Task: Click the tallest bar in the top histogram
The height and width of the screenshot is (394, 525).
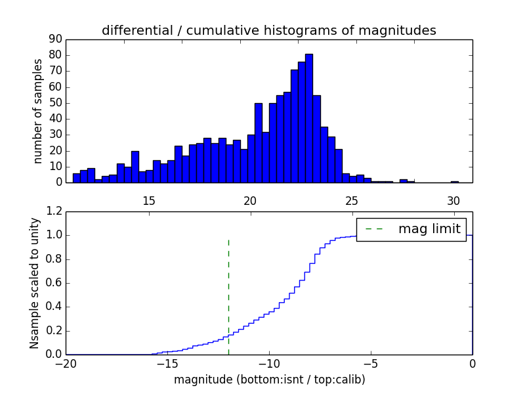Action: (309, 118)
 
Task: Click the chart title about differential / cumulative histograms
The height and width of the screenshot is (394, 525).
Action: (269, 30)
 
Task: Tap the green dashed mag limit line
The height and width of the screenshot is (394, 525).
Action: (228, 295)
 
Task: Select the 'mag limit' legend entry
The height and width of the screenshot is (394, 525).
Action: (411, 229)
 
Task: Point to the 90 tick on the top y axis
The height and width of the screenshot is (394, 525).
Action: (54, 39)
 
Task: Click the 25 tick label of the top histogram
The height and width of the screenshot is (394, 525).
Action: (351, 200)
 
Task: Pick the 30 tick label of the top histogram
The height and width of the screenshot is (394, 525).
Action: (453, 200)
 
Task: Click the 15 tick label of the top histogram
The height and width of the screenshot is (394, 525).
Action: (148, 200)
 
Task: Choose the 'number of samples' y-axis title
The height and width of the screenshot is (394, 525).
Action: (38, 111)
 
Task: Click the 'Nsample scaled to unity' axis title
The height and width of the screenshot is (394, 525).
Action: (34, 283)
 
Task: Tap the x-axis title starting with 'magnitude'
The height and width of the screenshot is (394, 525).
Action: (269, 380)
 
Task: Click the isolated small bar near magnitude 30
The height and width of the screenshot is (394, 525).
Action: (455, 182)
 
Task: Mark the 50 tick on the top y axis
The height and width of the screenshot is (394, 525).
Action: (54, 103)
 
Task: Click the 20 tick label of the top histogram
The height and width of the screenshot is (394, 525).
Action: (250, 200)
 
